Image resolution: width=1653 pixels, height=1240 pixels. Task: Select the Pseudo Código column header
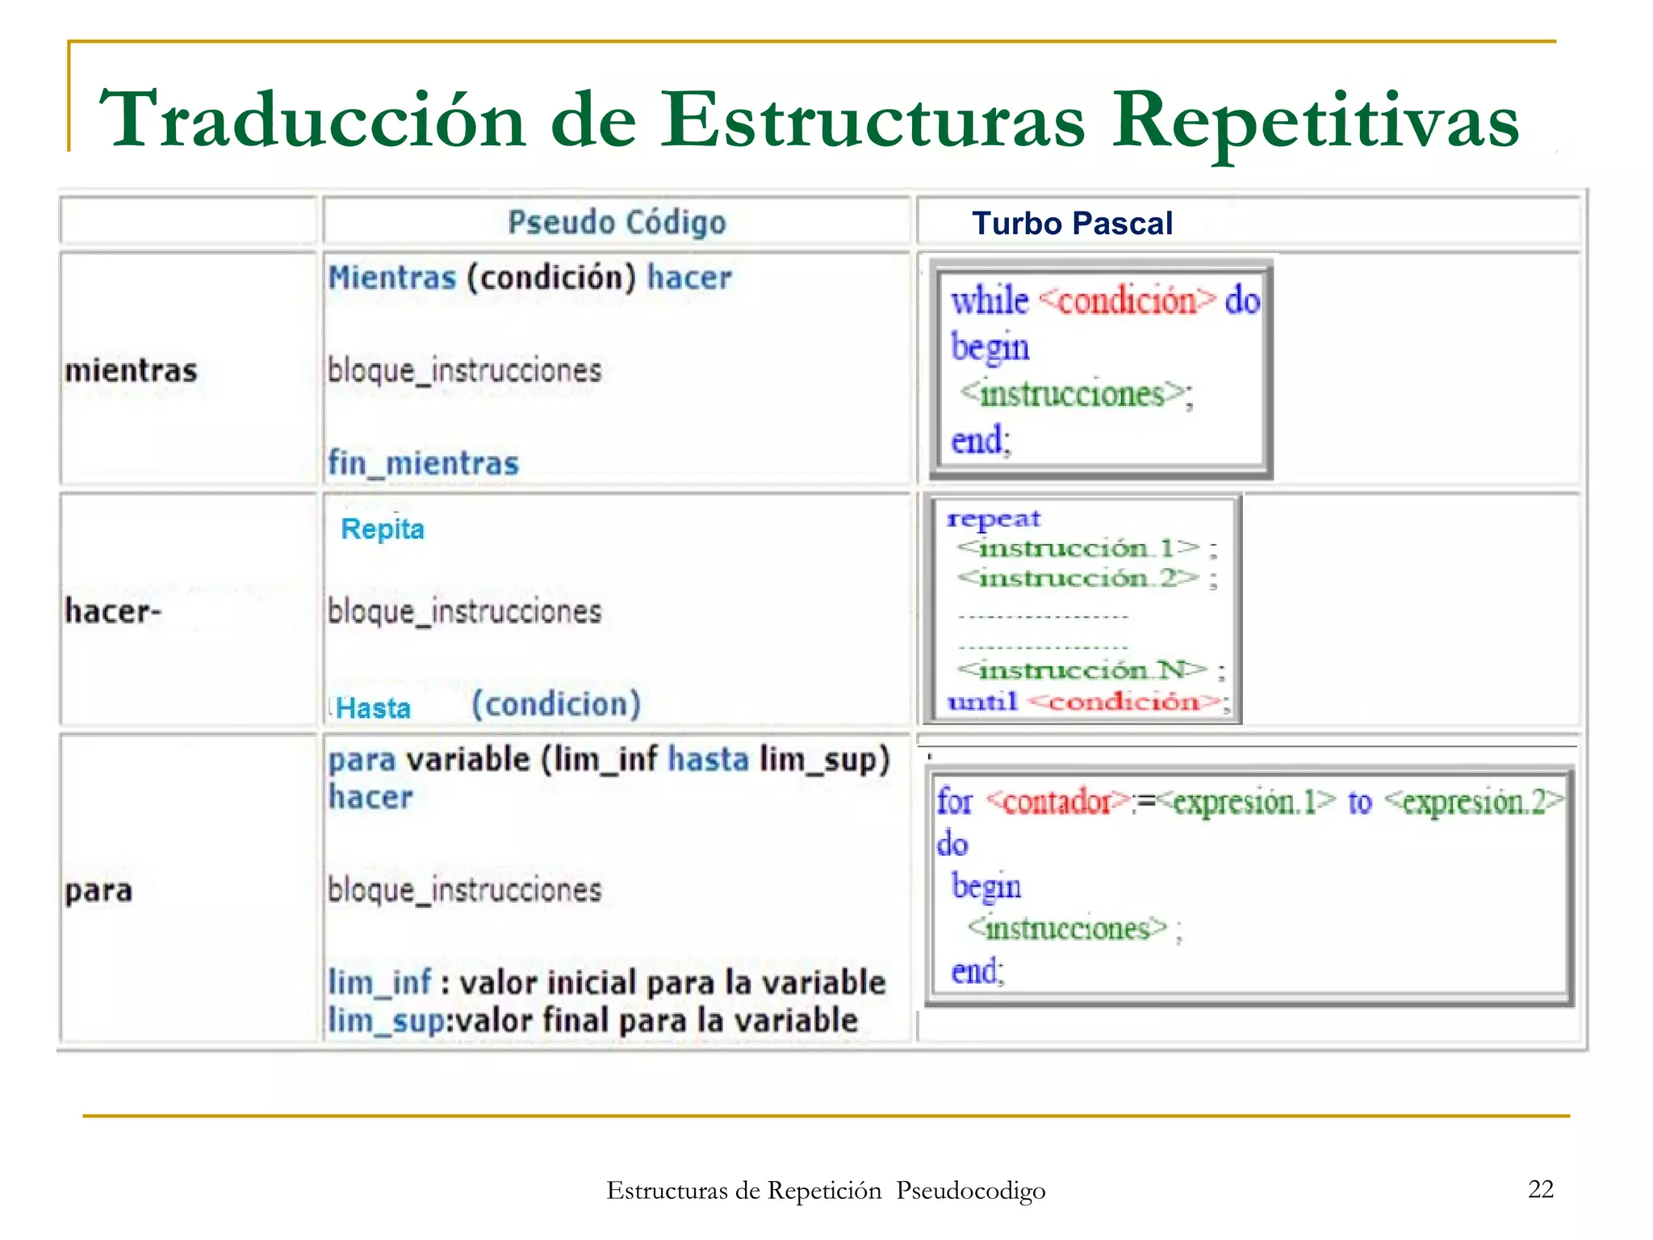[617, 222]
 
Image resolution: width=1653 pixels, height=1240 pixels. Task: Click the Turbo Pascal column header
[1072, 224]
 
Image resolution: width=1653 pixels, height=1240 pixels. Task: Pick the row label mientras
[131, 371]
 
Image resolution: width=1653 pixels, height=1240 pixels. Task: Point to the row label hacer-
[113, 611]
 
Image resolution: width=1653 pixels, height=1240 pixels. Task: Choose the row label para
[98, 890]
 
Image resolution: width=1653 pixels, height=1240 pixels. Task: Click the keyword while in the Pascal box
[990, 301]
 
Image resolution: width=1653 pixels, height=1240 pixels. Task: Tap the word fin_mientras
[423, 463]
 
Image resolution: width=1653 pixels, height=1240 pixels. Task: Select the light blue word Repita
[383, 529]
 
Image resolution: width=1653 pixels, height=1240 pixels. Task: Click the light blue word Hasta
[373, 708]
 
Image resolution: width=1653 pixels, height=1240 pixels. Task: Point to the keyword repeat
[994, 518]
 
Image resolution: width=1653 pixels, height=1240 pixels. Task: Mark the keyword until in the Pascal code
[982, 702]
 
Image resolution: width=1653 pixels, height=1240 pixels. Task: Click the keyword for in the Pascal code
[954, 802]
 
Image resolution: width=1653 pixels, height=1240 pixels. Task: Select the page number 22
[1541, 1189]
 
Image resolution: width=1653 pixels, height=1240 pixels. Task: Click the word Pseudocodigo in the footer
[970, 1191]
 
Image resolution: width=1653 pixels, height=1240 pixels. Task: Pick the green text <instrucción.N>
[1082, 670]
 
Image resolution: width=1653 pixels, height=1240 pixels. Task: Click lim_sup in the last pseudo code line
[386, 1021]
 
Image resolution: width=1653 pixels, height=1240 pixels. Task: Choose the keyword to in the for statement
[1359, 802]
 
